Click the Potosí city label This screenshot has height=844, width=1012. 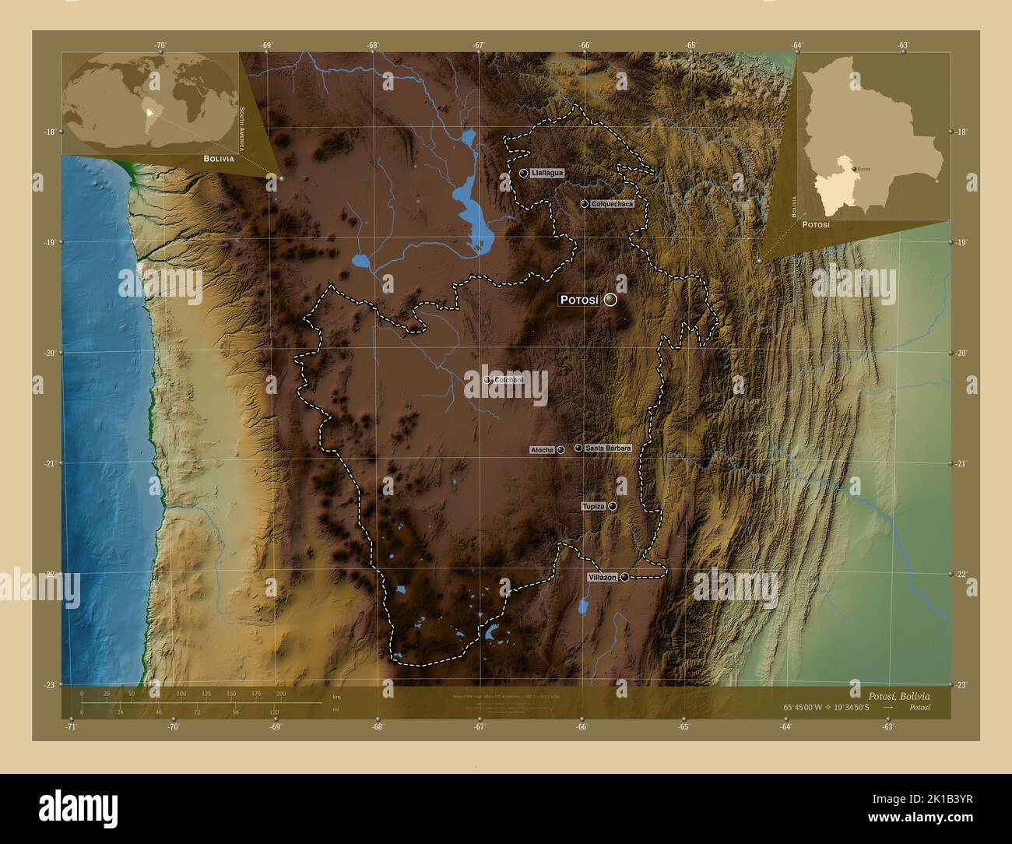tap(579, 300)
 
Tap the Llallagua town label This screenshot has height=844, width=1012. tap(547, 173)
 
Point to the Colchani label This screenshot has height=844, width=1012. tap(507, 379)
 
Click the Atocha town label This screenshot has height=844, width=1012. tap(542, 450)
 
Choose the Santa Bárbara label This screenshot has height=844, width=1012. tap(607, 448)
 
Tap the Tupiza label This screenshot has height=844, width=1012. tap(593, 507)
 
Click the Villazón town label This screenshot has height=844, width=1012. tap(603, 577)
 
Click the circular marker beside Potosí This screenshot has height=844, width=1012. tap(610, 300)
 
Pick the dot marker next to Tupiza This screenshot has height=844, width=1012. tap(613, 507)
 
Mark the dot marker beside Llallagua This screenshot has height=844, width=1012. tap(524, 173)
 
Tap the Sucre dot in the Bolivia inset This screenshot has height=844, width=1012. tap(856, 169)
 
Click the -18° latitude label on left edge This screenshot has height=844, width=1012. tap(51, 132)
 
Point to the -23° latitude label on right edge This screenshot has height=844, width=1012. tap(961, 684)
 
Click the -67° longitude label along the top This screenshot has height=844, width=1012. tap(479, 45)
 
